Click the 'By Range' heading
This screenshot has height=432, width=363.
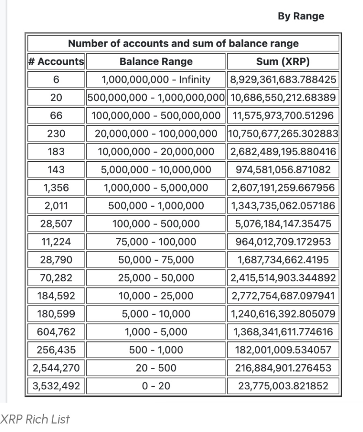(301, 16)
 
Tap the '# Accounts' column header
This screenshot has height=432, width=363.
(56, 62)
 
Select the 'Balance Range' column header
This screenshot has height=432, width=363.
(156, 62)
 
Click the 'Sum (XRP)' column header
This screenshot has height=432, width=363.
(283, 62)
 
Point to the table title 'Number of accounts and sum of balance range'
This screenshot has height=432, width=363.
(183, 43)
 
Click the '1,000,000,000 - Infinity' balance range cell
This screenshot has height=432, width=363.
(156, 79)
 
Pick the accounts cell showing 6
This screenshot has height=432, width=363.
(56, 79)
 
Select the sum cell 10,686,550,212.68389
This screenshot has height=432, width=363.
(283, 97)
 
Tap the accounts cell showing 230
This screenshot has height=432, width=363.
(56, 134)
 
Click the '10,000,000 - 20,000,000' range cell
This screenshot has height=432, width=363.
(156, 151)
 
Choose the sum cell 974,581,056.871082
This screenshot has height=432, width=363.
(283, 170)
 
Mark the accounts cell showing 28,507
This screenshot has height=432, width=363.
(56, 224)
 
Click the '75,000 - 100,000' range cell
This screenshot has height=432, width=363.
(156, 242)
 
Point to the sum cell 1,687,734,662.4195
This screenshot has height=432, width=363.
(283, 260)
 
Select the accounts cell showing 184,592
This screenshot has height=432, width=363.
(56, 296)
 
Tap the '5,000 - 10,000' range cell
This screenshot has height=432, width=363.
(156, 314)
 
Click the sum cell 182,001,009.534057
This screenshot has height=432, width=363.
(283, 350)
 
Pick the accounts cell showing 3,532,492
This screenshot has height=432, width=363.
(56, 386)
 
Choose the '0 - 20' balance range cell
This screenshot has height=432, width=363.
(156, 386)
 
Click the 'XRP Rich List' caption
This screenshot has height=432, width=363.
(35, 419)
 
